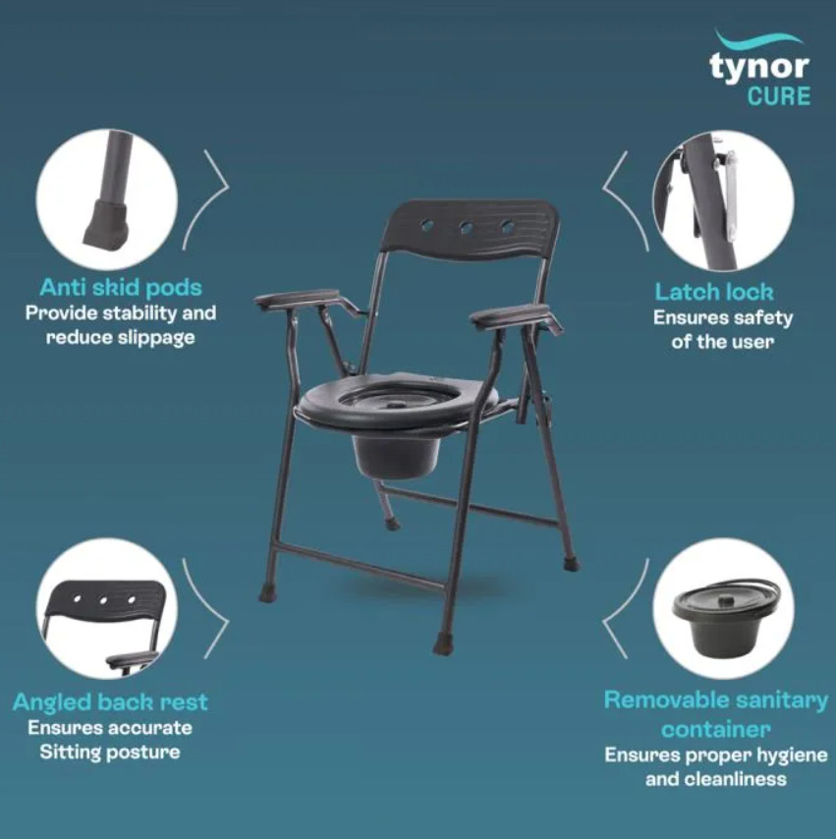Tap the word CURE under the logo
point(779,96)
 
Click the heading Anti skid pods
point(121,288)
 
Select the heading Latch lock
point(714,292)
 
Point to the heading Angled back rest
point(110,702)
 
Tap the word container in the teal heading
point(716,729)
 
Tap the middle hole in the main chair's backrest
point(466,228)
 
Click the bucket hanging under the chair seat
point(396,455)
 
